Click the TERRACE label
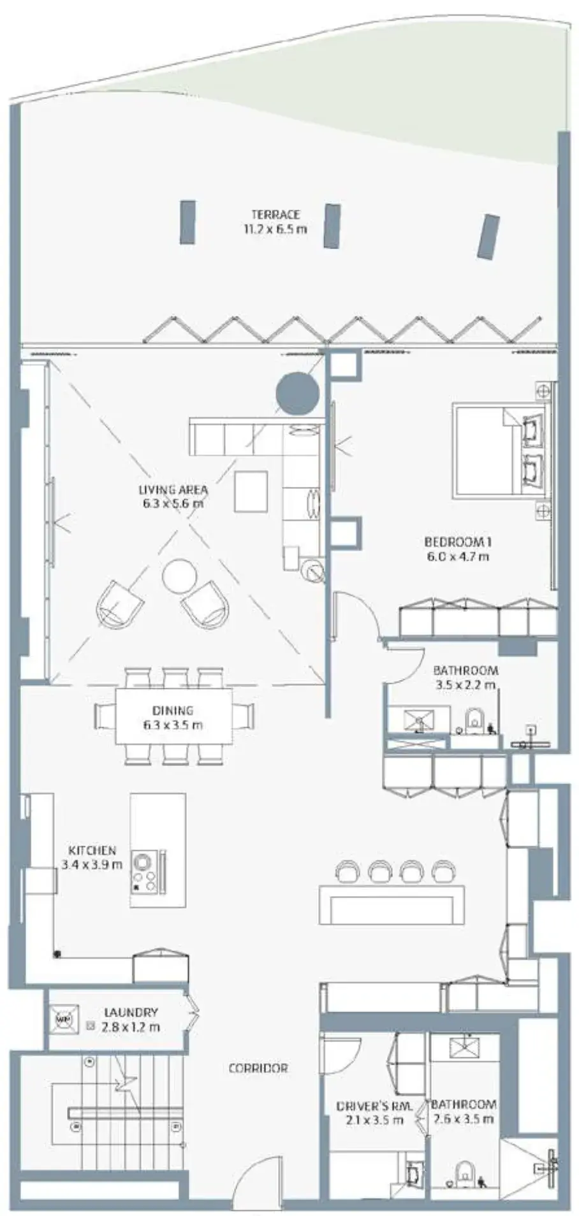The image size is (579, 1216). click(275, 215)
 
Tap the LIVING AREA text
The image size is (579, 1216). click(173, 490)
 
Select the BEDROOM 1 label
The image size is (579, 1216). click(458, 542)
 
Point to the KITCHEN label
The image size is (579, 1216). click(92, 851)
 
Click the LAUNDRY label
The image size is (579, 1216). click(131, 1012)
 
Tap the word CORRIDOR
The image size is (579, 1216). click(258, 1068)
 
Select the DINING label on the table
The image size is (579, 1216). click(172, 711)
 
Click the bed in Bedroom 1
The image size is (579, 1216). click(501, 450)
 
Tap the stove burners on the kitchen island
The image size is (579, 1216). click(143, 1062)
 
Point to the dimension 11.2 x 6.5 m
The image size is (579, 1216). click(275, 229)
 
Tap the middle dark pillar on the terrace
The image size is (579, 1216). click(330, 226)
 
